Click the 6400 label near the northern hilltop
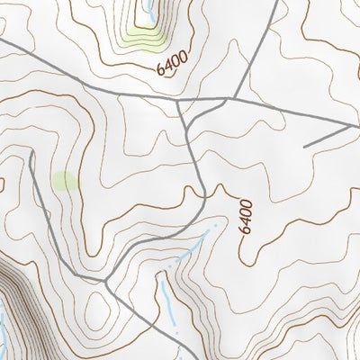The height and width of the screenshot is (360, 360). click(171, 65)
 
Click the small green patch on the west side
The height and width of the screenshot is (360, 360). click(65, 181)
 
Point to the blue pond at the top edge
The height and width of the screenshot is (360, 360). click(147, 12)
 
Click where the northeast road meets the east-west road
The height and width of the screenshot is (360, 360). click(234, 98)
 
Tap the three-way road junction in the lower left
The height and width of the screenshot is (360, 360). click(106, 282)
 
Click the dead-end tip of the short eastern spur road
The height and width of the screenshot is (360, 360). click(305, 146)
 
